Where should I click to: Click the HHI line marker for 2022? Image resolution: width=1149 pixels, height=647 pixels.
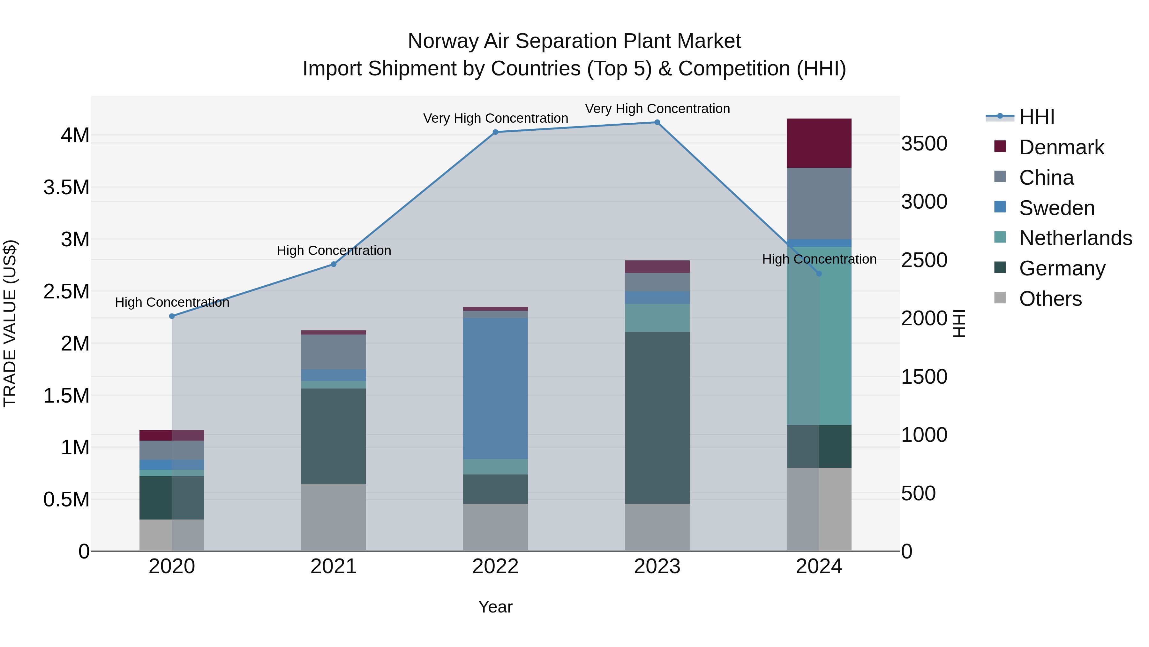coord(495,132)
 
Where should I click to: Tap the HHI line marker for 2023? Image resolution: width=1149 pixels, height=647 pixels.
coord(657,122)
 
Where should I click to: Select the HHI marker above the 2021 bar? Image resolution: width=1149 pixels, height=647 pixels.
coord(333,264)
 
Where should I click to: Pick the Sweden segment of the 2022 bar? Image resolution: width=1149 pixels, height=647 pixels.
coord(495,389)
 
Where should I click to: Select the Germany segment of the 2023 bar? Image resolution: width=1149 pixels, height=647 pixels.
coord(657,418)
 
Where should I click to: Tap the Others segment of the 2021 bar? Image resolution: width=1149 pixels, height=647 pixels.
coord(333,518)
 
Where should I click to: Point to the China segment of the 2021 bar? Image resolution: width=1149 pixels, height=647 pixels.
coord(333,352)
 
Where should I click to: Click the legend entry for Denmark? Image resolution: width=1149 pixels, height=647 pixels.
coord(1061,147)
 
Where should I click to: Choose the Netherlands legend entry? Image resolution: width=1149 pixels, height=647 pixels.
coord(1075,238)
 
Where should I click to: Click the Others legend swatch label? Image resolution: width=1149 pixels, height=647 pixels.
coord(1050,299)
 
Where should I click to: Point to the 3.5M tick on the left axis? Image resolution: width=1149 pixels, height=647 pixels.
coord(66,188)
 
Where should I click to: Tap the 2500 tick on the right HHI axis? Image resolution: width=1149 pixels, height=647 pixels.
coord(924,260)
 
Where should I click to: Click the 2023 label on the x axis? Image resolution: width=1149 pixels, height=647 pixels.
coord(657,566)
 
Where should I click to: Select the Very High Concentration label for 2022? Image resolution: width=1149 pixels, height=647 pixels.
coord(495,118)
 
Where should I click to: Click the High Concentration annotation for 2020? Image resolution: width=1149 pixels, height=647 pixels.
coord(172,302)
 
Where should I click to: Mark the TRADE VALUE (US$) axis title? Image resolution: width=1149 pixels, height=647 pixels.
coord(10,323)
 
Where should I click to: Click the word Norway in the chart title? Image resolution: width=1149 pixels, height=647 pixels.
coord(442,42)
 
